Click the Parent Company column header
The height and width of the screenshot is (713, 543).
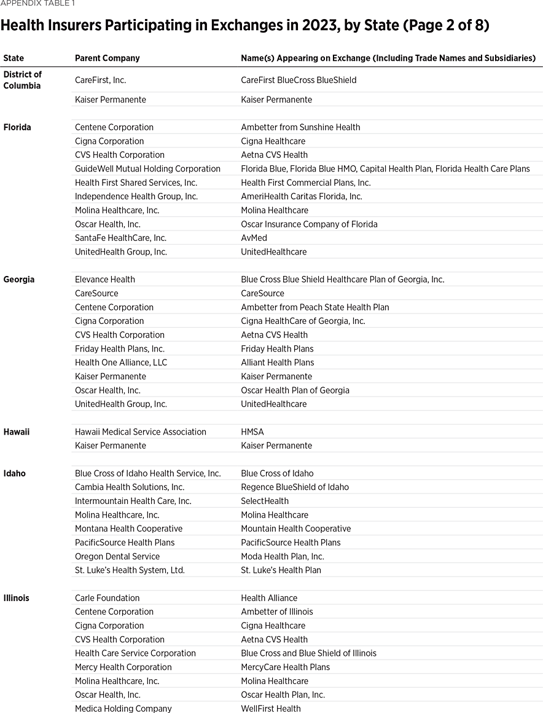[107, 58]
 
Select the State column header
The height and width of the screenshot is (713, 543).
[14, 58]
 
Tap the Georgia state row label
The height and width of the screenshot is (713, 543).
[18, 280]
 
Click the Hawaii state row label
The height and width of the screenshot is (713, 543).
[17, 432]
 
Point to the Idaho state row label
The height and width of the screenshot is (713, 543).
[15, 474]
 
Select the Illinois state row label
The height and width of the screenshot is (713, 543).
[17, 598]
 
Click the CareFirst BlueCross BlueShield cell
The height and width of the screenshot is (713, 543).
[299, 81]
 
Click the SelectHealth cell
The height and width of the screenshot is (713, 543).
[265, 501]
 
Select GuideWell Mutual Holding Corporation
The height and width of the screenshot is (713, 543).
[147, 169]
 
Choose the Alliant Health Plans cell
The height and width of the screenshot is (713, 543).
[277, 363]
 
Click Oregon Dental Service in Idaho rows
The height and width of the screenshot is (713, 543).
[117, 556]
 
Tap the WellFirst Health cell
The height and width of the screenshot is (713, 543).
[271, 709]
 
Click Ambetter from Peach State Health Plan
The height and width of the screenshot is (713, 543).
[314, 307]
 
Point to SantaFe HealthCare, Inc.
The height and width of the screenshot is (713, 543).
[120, 238]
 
